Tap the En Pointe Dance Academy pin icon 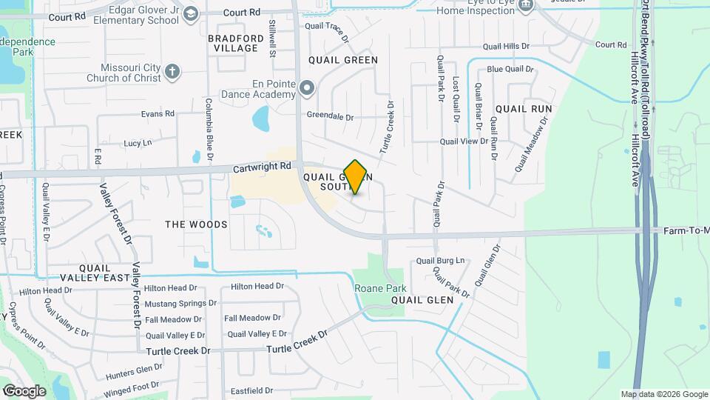pyautogui.click(x=307, y=89)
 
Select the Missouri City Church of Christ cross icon pyautogui.click(x=172, y=72)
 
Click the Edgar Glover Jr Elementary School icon pyautogui.click(x=191, y=14)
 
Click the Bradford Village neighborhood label pyautogui.click(x=235, y=43)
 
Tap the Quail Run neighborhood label pyautogui.click(x=524, y=108)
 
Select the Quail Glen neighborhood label pyautogui.click(x=422, y=300)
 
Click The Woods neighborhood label pyautogui.click(x=196, y=224)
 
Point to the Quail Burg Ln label pyautogui.click(x=440, y=261)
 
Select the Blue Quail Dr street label pyautogui.click(x=510, y=70)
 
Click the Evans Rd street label pyautogui.click(x=158, y=114)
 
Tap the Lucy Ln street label pyautogui.click(x=138, y=142)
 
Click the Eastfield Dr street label pyautogui.click(x=252, y=390)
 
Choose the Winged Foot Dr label pyautogui.click(x=132, y=386)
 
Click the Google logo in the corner pyautogui.click(x=24, y=391)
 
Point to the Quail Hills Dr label pyautogui.click(x=507, y=46)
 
